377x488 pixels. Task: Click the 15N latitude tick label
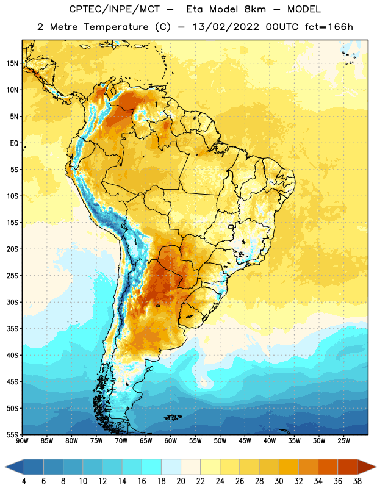pos(12,63)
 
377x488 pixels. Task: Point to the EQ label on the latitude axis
pos(14,143)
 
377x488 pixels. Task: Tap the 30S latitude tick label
pos(12,302)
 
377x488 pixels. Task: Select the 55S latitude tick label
pos(12,434)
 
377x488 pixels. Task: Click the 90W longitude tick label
pos(22,441)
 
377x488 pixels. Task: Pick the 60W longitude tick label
pos(171,441)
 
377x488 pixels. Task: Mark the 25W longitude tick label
pos(343,441)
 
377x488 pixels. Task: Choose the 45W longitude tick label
pos(245,441)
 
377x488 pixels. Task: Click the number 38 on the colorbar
pos(357,481)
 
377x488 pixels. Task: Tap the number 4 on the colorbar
pos(24,481)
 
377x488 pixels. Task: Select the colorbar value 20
pos(181,481)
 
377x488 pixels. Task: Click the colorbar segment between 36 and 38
pos(348,467)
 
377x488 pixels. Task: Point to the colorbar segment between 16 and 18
pos(152,467)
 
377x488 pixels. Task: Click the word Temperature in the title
pos(116,27)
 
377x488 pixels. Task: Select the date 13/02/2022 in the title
pos(226,27)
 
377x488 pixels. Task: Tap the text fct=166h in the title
pos(329,27)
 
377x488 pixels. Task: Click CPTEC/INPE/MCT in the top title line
pos(115,9)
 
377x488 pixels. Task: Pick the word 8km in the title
pos(255,9)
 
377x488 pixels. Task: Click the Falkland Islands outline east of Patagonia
pos(173,417)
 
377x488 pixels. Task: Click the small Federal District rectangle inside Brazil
pos(231,226)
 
